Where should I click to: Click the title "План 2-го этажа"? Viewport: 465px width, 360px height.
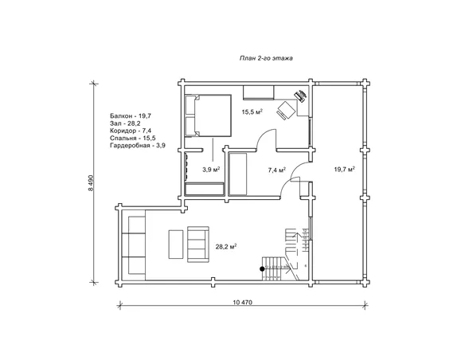(x=266, y=58)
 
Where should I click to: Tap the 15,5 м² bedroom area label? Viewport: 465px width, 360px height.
(x=252, y=112)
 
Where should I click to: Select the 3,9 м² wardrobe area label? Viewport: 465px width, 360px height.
(x=211, y=170)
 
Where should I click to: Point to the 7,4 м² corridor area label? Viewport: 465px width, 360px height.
(x=276, y=170)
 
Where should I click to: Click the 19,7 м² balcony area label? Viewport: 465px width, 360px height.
(x=345, y=170)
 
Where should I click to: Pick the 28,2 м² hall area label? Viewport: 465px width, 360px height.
(x=225, y=247)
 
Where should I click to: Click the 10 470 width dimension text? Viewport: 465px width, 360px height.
(x=242, y=303)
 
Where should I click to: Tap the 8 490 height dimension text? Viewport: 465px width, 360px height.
(x=91, y=183)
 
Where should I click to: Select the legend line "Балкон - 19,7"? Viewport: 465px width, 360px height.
(x=131, y=115)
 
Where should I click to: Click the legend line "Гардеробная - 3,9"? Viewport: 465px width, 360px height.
(x=138, y=145)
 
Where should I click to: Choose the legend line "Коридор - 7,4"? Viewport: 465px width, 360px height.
(x=131, y=131)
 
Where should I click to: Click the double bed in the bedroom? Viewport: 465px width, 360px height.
(x=208, y=115)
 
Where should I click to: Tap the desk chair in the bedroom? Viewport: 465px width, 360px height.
(x=286, y=111)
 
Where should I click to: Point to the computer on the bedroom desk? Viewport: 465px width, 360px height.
(x=300, y=96)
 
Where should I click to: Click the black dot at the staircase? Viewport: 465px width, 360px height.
(x=262, y=269)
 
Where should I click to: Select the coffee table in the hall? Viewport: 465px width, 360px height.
(x=176, y=245)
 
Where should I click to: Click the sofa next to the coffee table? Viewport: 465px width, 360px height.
(x=198, y=245)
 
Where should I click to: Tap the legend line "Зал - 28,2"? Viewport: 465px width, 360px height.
(x=125, y=123)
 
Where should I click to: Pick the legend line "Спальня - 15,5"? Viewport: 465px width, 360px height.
(x=132, y=138)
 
